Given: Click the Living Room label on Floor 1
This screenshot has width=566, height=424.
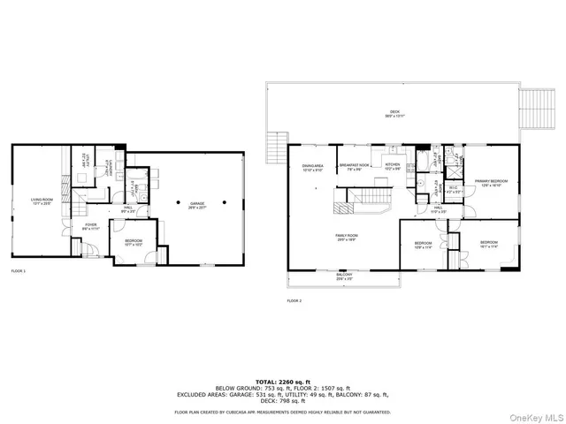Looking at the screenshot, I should [41, 201].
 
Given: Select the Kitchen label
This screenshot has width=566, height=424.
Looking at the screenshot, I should [393, 165].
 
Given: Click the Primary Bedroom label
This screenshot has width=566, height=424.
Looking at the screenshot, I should [490, 183].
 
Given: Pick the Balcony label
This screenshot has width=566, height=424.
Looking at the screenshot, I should [345, 276].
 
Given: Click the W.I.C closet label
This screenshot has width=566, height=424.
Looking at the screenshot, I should [451, 189].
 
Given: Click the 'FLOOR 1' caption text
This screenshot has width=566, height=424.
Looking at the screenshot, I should [18, 270].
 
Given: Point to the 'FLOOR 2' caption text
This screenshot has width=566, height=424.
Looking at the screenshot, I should [294, 301].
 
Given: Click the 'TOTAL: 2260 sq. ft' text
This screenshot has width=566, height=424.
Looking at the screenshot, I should [282, 382].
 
